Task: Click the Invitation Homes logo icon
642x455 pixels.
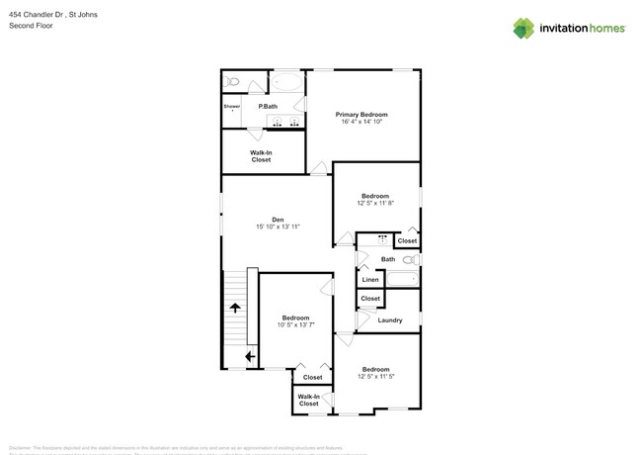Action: (523, 28)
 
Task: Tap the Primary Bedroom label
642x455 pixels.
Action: (361, 114)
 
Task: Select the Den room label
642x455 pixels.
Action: (278, 219)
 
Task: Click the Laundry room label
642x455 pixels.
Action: (389, 320)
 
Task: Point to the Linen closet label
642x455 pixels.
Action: (370, 280)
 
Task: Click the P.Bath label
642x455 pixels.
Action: (267, 106)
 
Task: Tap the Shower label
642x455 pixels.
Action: (232, 106)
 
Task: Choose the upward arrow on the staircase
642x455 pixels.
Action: (235, 310)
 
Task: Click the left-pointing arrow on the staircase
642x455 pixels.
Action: (250, 356)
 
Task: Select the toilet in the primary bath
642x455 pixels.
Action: (231, 81)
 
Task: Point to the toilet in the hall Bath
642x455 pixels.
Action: (411, 260)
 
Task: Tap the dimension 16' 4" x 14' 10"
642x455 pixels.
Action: (361, 123)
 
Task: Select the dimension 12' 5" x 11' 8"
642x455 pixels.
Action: (374, 204)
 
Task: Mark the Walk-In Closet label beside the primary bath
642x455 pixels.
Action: (261, 155)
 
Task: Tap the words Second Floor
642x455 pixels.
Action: (29, 26)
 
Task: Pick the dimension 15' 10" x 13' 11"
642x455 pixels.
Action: (278, 227)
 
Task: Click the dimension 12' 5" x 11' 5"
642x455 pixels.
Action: (374, 377)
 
